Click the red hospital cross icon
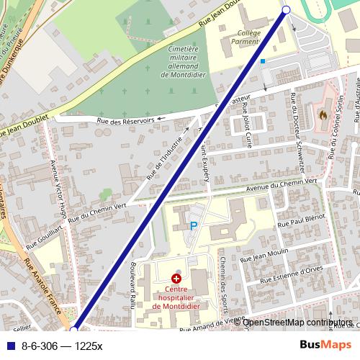pos(176,278)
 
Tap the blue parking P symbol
pos(193,226)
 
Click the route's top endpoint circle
pos(286,9)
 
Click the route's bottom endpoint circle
pos(73,330)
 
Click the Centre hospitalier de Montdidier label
pos(176,300)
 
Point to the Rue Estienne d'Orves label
pos(287,275)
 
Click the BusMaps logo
pos(326,346)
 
